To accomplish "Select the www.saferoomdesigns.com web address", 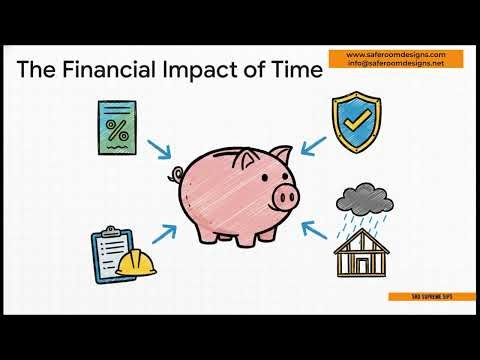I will pyautogui.click(x=396, y=54).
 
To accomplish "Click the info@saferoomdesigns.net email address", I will pyautogui.click(x=396, y=63).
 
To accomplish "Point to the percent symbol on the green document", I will pyautogui.click(x=119, y=129).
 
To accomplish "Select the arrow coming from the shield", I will pyautogui.click(x=314, y=148).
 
